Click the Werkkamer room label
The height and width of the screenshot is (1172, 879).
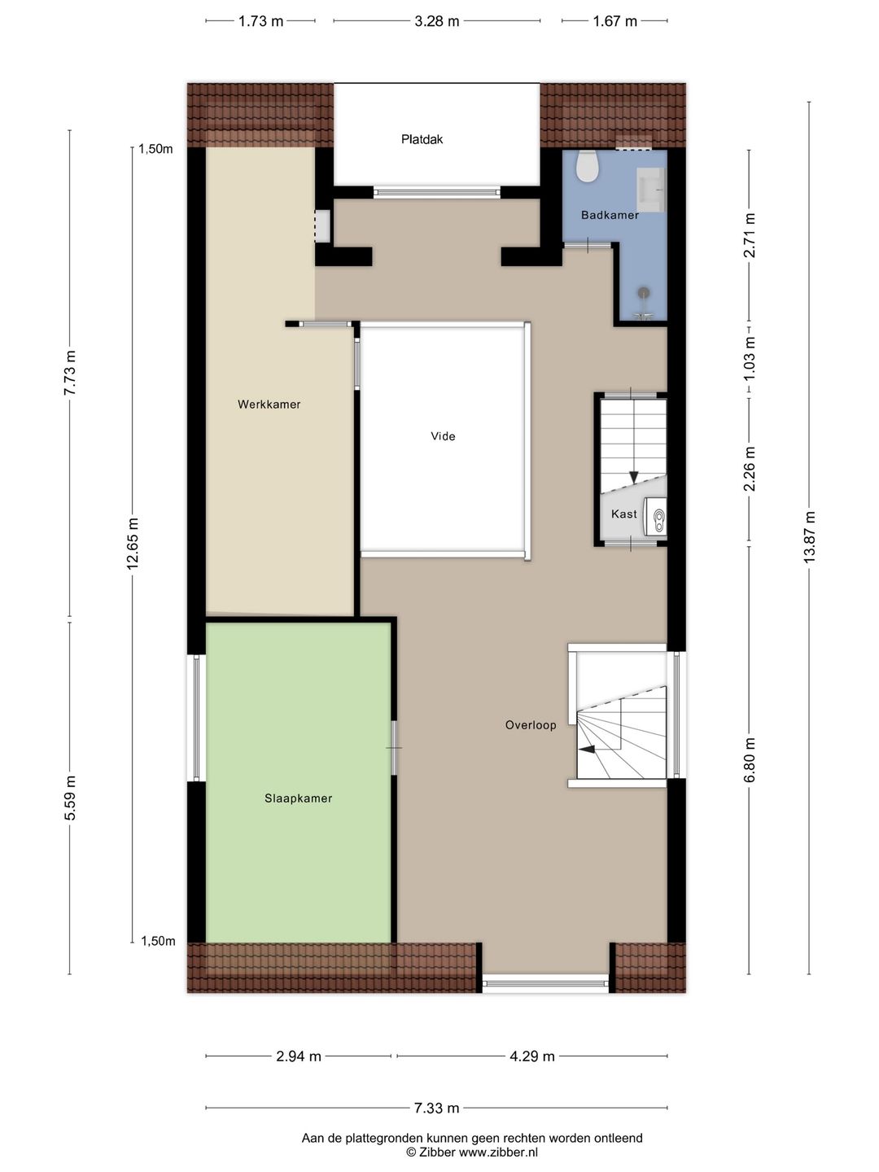click(x=269, y=405)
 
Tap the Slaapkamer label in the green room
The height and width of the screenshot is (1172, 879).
click(x=299, y=798)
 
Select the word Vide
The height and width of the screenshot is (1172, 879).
click(x=443, y=436)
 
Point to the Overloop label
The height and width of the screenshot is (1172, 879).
click(x=531, y=725)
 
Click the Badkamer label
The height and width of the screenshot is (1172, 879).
click(x=610, y=215)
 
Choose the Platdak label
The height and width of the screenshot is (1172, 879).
click(x=422, y=139)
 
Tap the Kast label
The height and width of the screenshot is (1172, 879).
click(x=624, y=514)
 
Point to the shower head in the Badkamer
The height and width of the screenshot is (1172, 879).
click(x=644, y=292)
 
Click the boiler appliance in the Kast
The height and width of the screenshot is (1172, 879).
click(x=655, y=516)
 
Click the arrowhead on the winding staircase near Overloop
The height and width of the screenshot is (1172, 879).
click(x=587, y=749)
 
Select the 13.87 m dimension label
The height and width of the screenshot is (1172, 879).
click(x=809, y=536)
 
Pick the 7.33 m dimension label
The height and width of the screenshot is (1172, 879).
click(x=436, y=1108)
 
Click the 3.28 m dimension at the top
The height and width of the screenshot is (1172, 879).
click(x=436, y=21)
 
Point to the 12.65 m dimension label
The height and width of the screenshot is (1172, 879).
click(x=133, y=543)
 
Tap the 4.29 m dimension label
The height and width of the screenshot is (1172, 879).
click(x=532, y=1056)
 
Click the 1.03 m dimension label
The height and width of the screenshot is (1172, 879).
click(x=750, y=358)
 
